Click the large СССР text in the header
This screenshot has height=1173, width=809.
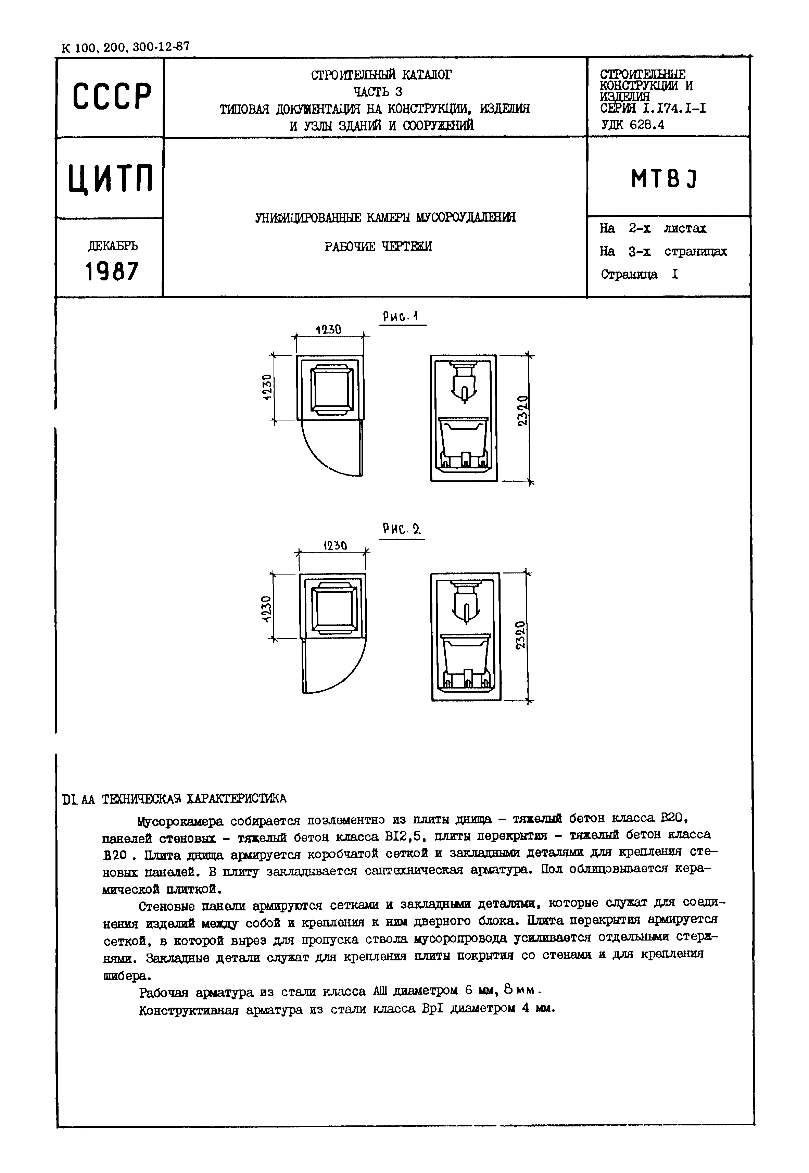112,96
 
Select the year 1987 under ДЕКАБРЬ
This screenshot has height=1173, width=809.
112,272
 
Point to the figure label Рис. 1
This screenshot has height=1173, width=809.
401,317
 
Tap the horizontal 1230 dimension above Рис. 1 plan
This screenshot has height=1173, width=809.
328,329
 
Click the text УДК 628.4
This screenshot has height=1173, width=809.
633,124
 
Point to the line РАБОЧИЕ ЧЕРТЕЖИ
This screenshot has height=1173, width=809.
378,247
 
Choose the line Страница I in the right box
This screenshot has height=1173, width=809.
639,274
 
